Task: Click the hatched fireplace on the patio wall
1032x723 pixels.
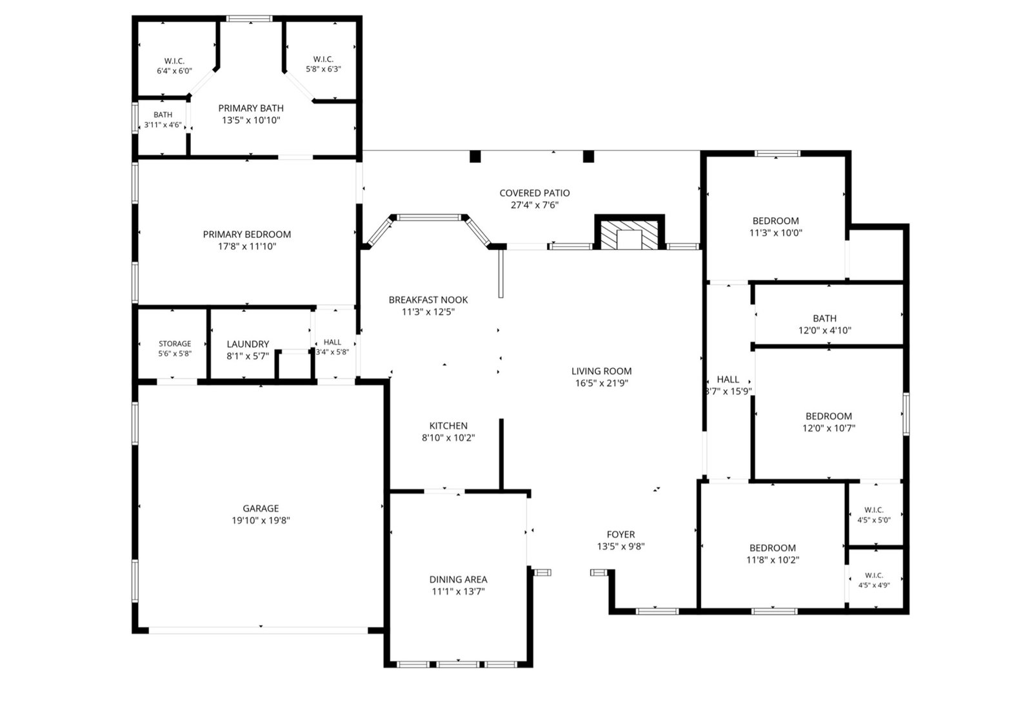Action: [630, 235]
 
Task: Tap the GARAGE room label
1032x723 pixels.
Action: [261, 508]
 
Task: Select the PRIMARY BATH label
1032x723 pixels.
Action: [251, 108]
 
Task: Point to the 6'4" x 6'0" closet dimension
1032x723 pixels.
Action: [174, 71]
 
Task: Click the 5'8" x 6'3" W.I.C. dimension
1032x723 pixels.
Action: [323, 69]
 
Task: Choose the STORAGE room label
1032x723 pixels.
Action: [175, 344]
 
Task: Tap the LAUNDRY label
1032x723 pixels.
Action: [248, 344]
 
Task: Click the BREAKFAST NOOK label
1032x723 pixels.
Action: [428, 300]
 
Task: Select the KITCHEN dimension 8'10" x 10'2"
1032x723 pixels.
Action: [448, 438]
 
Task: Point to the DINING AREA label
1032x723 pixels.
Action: [458, 579]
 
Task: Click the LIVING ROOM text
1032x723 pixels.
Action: [602, 371]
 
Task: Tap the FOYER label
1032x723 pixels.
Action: [620, 534]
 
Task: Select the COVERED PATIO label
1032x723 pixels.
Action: [535, 193]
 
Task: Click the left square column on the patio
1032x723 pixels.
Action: [475, 157]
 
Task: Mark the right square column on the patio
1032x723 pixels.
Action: [588, 157]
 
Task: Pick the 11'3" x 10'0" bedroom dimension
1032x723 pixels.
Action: [776, 233]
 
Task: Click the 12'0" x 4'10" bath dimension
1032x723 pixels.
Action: [825, 331]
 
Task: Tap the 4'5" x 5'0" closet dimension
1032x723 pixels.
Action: [874, 520]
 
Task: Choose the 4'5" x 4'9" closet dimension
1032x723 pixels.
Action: [874, 585]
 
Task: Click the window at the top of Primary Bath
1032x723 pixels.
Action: [249, 19]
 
